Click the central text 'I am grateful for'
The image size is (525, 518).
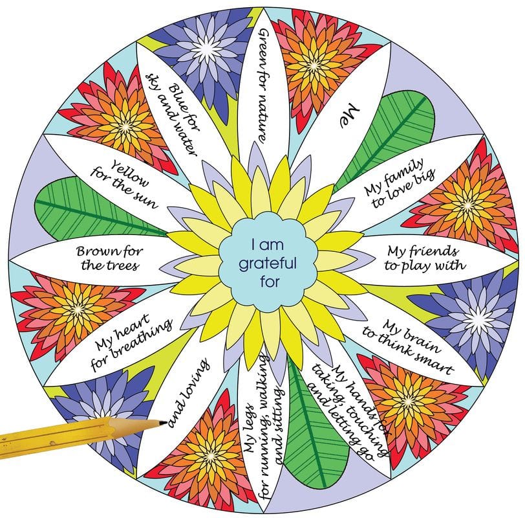(268, 263)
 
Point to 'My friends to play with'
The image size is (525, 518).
(425, 258)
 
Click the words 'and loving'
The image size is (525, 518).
(189, 393)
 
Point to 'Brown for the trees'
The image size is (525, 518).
(109, 258)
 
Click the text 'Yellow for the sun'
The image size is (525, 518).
(125, 184)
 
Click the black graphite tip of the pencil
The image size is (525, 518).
(163, 423)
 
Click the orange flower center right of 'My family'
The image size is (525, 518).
(467, 205)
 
